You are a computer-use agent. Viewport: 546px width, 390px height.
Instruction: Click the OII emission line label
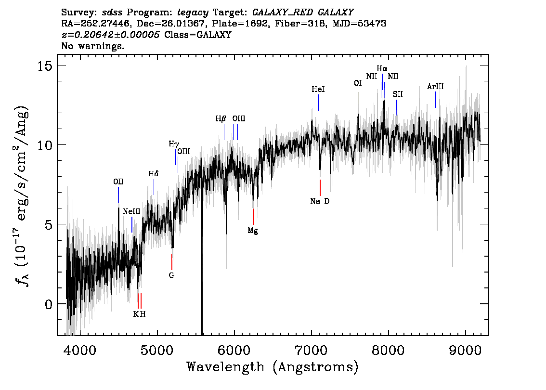(118, 182)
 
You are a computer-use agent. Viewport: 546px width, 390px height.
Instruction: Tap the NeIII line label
(131, 211)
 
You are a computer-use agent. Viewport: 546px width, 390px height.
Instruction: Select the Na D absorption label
(320, 201)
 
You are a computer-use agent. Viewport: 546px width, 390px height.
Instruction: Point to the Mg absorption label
(253, 231)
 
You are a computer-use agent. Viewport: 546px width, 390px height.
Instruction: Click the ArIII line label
(435, 86)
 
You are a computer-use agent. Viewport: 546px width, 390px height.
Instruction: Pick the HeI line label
(318, 90)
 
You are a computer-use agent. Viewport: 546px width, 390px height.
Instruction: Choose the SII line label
(398, 94)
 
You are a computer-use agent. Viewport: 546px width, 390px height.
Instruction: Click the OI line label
(358, 83)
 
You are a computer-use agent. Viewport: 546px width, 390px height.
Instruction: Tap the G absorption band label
(171, 275)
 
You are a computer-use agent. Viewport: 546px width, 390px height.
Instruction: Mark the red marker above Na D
(320, 188)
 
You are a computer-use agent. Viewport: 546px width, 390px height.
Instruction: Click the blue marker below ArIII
(436, 100)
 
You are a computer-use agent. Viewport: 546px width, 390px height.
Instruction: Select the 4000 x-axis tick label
(80, 350)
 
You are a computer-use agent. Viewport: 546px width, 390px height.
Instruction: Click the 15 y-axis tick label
(45, 65)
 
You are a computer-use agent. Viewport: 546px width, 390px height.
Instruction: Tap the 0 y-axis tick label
(49, 304)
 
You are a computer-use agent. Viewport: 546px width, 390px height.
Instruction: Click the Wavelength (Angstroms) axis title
(273, 367)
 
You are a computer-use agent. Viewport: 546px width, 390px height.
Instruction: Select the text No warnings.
(92, 46)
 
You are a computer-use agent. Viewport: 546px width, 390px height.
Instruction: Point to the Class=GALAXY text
(198, 35)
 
